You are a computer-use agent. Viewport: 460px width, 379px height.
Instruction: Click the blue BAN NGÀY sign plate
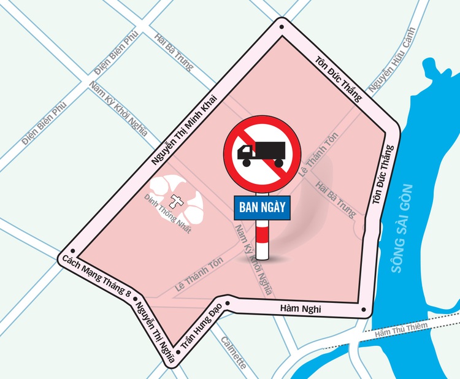coord(261,207)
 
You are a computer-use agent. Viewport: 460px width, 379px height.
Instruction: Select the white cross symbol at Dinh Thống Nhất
coord(177,201)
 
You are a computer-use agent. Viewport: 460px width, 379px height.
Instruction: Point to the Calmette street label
coord(233,352)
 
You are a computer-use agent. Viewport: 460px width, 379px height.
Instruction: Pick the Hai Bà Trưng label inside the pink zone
coord(334,199)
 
